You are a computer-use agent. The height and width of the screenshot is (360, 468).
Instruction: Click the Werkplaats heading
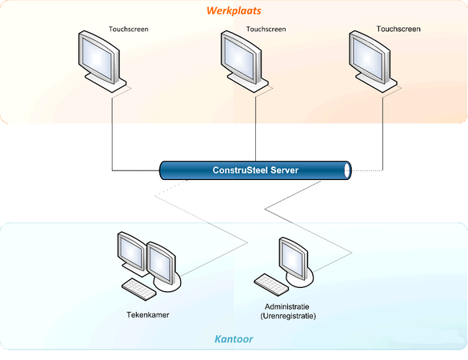[x=234, y=10]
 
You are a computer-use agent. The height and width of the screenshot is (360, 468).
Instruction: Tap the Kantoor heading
[x=234, y=339]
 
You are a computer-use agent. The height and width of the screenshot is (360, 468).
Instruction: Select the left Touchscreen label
[x=128, y=29]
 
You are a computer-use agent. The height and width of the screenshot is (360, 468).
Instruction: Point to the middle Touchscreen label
[x=266, y=29]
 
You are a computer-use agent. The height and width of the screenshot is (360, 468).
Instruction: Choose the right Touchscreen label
[x=398, y=29]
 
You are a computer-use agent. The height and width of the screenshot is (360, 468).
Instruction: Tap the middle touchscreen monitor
[x=244, y=61]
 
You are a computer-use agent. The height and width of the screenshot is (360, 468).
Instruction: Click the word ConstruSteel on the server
[x=240, y=170]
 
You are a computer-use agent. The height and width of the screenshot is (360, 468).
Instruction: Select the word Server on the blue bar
[x=285, y=170]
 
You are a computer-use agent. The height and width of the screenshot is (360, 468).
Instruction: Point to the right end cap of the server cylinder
[x=347, y=170]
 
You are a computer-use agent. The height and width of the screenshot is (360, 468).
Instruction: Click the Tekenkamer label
[x=148, y=315]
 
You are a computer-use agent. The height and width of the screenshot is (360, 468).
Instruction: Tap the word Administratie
[x=287, y=306]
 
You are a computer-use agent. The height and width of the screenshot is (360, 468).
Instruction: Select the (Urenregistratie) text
[x=288, y=316]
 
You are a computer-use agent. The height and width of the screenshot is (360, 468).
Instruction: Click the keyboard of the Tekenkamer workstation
[x=139, y=289]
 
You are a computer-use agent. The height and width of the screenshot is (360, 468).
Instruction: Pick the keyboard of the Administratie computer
[x=271, y=284]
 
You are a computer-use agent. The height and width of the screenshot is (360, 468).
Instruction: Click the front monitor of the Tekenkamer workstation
[x=163, y=266]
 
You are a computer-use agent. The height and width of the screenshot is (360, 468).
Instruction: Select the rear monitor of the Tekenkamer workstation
[x=132, y=253]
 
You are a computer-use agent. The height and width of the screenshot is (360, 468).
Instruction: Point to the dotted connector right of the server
[x=367, y=170]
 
